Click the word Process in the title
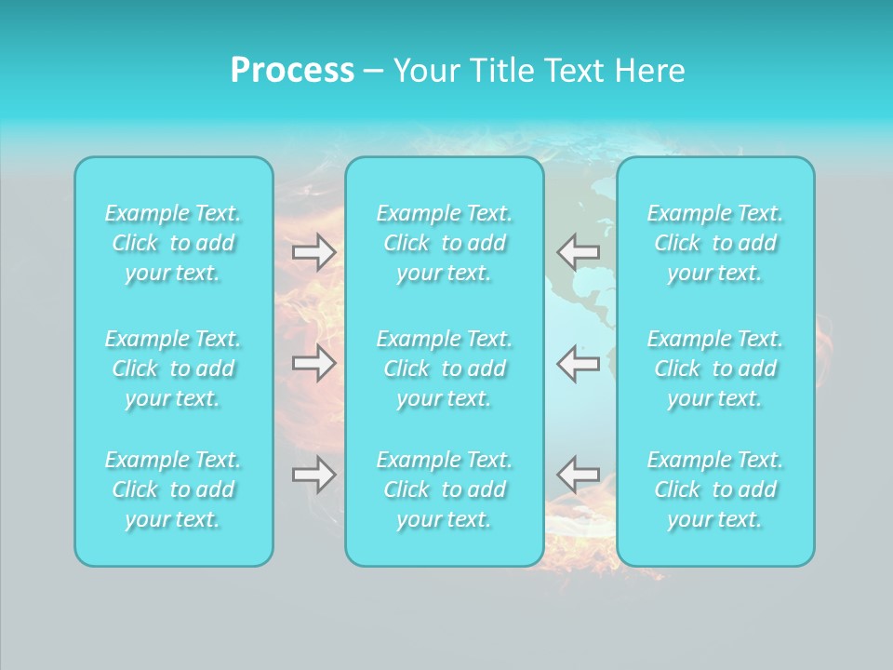292,71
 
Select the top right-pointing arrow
314,251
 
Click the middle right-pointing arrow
314,363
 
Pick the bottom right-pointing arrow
314,475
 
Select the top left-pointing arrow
578,251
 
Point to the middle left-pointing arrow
578,363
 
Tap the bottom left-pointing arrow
578,475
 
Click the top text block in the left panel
173,243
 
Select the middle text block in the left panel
173,368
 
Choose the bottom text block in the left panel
173,489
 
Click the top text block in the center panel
445,243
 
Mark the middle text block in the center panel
445,368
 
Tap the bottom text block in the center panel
445,489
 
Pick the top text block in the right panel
715,243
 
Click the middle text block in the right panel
715,368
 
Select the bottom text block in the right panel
715,489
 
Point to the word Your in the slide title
424,71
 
